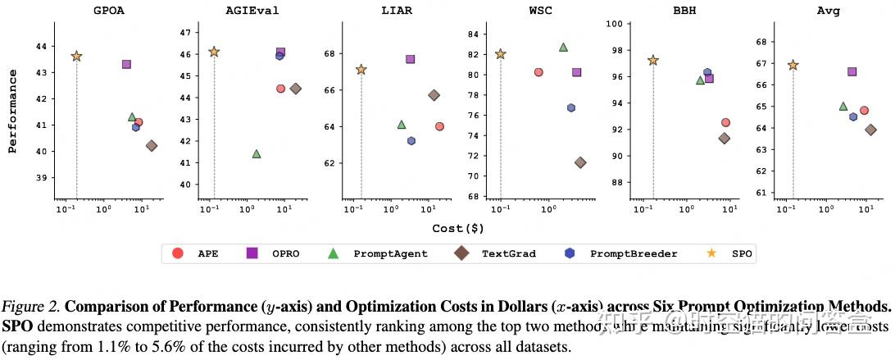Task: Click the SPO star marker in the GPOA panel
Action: pyautogui.click(x=76, y=56)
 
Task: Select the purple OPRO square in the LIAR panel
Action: pyautogui.click(x=410, y=59)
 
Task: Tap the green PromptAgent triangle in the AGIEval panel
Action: pyautogui.click(x=257, y=153)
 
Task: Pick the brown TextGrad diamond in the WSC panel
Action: pyautogui.click(x=580, y=162)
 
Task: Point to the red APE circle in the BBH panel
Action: pyautogui.click(x=725, y=122)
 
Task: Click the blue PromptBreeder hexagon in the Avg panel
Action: pyautogui.click(x=853, y=116)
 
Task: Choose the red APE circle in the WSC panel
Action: pyautogui.click(x=538, y=72)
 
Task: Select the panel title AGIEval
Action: pyautogui.click(x=250, y=11)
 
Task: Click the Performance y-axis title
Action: pyautogui.click(x=12, y=112)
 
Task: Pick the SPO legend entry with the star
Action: pyautogui.click(x=742, y=253)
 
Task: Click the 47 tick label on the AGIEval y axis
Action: pyautogui.click(x=184, y=33)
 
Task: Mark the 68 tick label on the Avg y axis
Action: pyautogui.click(x=761, y=41)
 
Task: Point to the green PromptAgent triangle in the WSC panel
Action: pyautogui.click(x=563, y=47)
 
